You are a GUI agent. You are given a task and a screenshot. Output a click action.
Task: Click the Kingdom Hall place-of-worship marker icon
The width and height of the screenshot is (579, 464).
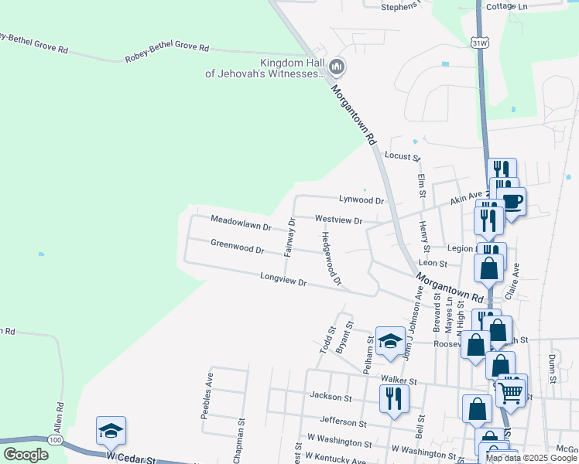337,67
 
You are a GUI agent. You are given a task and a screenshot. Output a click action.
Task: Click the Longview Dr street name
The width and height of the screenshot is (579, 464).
284,279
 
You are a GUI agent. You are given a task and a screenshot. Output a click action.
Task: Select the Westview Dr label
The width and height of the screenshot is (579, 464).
339,220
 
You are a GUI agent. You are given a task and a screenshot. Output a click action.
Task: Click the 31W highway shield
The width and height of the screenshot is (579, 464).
480,44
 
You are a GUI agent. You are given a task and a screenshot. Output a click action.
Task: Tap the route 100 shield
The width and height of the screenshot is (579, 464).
55,440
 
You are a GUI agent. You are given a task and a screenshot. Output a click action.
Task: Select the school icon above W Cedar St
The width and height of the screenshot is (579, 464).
111,431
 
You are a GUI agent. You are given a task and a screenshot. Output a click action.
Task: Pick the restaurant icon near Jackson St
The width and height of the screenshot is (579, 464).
394,397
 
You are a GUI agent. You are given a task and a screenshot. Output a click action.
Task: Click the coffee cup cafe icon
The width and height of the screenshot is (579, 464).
512,203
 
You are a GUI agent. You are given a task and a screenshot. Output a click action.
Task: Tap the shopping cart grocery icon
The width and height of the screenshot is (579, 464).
511,391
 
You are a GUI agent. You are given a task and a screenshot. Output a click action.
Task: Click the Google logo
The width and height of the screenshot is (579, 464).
26,455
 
